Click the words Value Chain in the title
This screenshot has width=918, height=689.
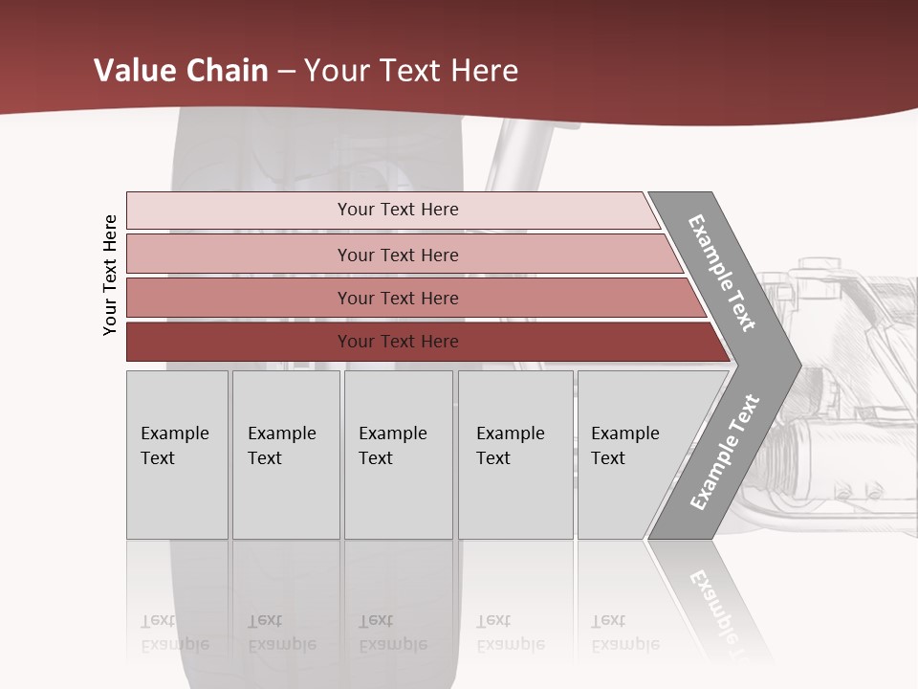point(181,71)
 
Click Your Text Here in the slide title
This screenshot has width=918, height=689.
point(411,71)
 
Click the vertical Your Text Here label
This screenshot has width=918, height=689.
point(110,275)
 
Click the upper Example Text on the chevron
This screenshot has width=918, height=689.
point(722,273)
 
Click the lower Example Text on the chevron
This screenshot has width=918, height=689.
point(724,453)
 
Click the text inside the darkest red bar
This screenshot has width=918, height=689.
point(398,342)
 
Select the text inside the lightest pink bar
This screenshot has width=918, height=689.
point(398,210)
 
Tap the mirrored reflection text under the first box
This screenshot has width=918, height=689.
point(174,633)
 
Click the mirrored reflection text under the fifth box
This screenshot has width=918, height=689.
point(624,633)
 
